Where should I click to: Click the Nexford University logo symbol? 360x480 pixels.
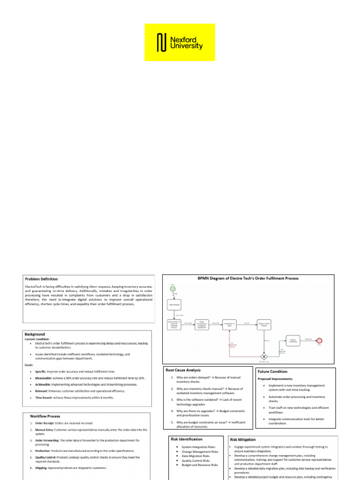click(161, 42)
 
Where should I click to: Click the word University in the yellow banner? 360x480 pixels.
click(187, 46)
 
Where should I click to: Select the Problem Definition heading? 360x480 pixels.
click(45, 279)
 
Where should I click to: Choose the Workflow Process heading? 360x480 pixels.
click(45, 416)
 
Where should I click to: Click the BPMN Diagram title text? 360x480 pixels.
click(248, 278)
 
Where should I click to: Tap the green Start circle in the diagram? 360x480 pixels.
click(172, 289)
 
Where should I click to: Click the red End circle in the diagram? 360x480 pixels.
click(320, 341)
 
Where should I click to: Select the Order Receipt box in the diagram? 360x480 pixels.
click(173, 305)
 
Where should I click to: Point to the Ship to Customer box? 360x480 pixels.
click(293, 341)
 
